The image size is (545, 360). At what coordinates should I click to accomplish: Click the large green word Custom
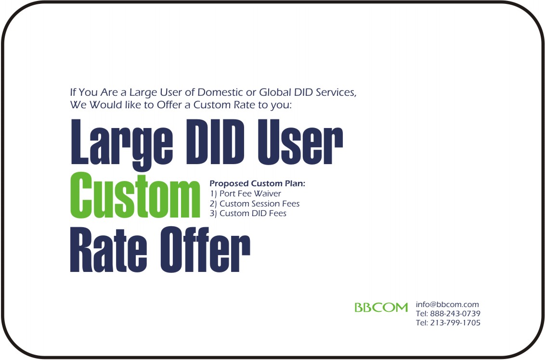point(135,195)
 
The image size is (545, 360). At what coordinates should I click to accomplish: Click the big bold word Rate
point(108,250)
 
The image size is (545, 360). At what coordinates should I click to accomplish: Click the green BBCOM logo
point(381,308)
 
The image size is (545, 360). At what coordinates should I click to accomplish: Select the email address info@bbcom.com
point(447,304)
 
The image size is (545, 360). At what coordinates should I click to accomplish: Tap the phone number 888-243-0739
point(455,313)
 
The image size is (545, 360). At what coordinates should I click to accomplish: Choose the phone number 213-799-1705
point(455,323)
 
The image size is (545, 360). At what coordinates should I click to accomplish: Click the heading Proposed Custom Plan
point(257,183)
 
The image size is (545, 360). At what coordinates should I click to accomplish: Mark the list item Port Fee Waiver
point(250,193)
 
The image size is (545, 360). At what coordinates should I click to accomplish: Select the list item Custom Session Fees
point(260,204)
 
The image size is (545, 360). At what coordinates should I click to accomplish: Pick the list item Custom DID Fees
point(253,213)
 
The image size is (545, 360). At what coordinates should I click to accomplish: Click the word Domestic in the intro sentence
point(220,92)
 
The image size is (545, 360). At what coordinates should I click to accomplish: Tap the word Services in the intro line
point(336,93)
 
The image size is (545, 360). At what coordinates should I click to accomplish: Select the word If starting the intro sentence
point(73,92)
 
